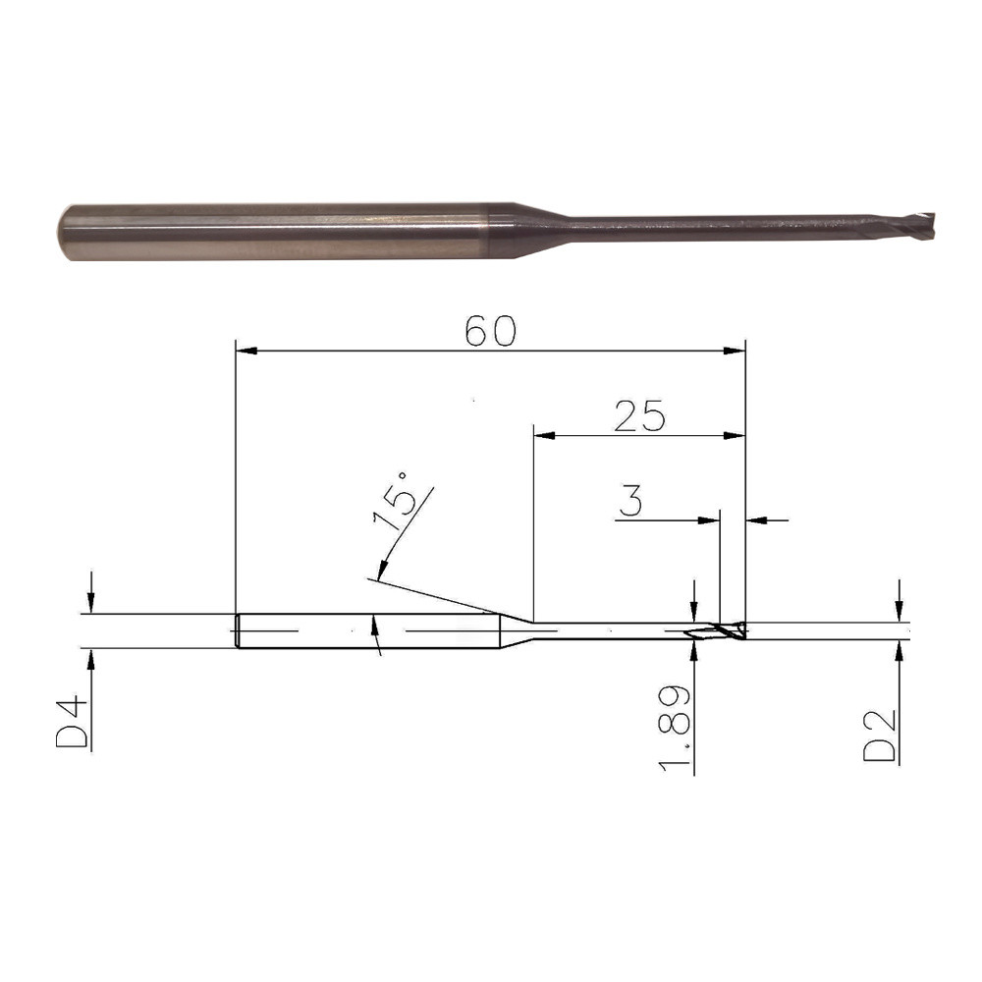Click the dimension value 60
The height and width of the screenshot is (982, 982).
pos(491,331)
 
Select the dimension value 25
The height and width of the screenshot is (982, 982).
pos(639,415)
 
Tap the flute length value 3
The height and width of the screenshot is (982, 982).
pos(630,501)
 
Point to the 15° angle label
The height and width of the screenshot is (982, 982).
pos(395,502)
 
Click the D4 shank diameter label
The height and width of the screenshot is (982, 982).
pos(72,725)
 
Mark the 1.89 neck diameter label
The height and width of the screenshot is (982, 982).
pos(675,727)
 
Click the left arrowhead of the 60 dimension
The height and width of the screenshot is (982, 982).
pos(246,351)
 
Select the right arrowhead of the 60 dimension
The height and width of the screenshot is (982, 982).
pos(735,351)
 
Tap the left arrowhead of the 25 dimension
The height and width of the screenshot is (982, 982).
pos(544,435)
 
